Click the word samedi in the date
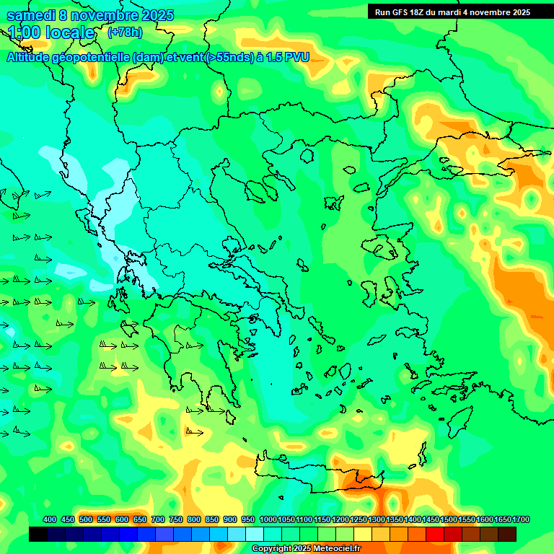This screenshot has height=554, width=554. tap(32, 14)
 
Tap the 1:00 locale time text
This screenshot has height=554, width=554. tap(51, 32)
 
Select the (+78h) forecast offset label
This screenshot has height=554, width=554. tap(125, 32)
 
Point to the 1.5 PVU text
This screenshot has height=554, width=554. tap(288, 57)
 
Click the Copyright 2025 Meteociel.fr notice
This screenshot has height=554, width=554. tap(307, 548)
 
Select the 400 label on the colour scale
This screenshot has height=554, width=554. tap(50, 520)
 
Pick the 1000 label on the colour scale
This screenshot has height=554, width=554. tap(268, 520)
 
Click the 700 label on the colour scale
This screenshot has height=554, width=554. tap(158, 520)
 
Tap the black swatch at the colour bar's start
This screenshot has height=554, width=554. tap(38, 534)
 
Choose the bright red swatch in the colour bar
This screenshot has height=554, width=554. tap(435, 534)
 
